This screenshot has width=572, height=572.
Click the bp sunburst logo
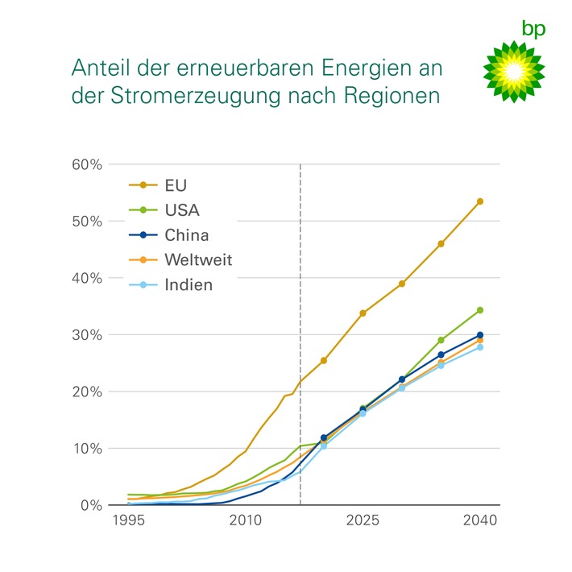[513, 71]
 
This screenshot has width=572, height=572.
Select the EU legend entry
[175, 186]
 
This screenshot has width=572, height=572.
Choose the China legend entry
[185, 236]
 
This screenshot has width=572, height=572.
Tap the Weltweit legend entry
[197, 260]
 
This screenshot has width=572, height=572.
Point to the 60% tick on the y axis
[89, 164]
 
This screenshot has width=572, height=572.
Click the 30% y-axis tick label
[89, 335]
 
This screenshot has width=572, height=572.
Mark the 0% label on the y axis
[92, 506]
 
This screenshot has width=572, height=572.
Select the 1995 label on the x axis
[128, 521]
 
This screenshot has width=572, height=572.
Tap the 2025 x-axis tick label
[363, 521]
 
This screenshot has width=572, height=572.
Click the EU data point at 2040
[480, 201]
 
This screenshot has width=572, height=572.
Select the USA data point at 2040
[480, 310]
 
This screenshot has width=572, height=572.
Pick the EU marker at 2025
[363, 313]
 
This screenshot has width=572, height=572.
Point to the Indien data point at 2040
[480, 347]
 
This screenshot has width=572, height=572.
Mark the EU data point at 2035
[441, 243]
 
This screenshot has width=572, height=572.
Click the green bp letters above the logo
[533, 30]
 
